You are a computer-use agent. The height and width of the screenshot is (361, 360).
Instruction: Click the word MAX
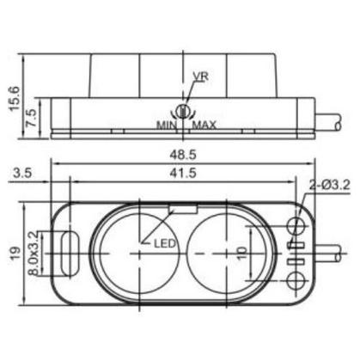[204, 125]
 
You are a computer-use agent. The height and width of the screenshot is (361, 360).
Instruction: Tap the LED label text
[165, 243]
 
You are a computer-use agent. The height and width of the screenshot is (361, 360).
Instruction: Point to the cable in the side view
[331, 124]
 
